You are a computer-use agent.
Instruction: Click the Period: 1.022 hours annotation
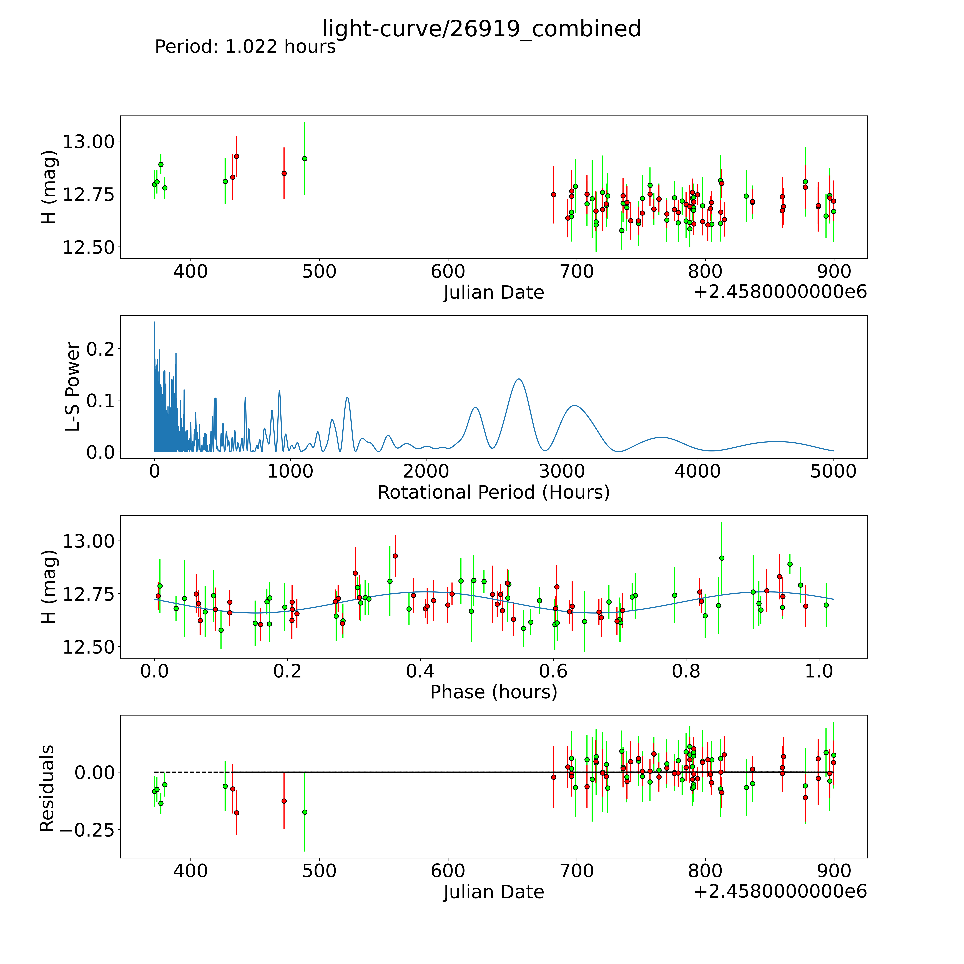[245, 47]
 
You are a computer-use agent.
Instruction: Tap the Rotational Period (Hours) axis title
[493, 493]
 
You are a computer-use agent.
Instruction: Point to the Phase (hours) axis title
[493, 692]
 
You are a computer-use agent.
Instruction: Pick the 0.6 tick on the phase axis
[553, 671]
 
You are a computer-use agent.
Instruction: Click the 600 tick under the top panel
[448, 272]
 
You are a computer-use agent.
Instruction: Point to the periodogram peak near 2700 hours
[519, 379]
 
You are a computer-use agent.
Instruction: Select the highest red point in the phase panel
[395, 556]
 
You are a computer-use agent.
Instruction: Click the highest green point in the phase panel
[722, 558]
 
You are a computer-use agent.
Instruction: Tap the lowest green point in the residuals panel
[305, 812]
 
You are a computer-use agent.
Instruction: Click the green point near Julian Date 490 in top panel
[305, 159]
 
